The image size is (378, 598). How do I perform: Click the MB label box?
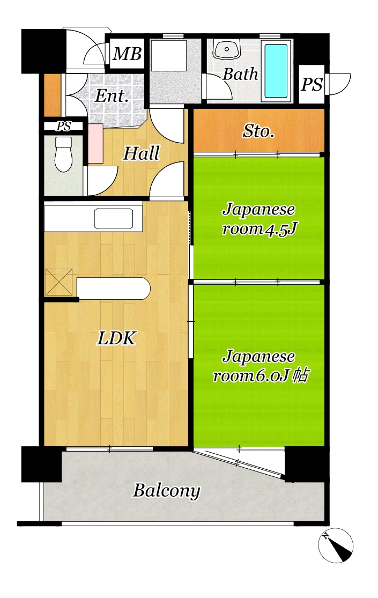pos(127,54)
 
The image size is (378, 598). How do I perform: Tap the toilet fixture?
pos(63,154)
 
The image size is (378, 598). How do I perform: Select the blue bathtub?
pos(276,71)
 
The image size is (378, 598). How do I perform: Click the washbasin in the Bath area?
pos(227,49)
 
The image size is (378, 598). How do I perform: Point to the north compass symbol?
pos(336,545)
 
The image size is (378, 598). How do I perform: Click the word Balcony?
pos(166,491)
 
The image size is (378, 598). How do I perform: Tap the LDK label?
pos(116,338)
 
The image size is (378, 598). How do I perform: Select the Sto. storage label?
pos(258,131)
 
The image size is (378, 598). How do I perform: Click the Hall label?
pos(141,153)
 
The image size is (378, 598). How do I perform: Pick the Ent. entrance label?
pos(112,95)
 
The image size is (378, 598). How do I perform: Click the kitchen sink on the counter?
pos(114,218)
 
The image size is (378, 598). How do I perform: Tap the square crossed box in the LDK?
pos(59,282)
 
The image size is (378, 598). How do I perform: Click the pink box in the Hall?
pos(95,143)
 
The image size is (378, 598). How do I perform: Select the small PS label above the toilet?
pos(64,126)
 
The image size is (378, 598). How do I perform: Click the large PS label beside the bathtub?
pos(312,85)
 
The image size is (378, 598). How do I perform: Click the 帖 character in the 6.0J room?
pos(300,375)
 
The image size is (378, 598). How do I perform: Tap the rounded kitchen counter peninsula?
pos(114,289)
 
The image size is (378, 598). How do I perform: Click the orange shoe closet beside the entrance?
pos(53,94)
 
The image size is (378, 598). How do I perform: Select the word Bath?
pos(240,74)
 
